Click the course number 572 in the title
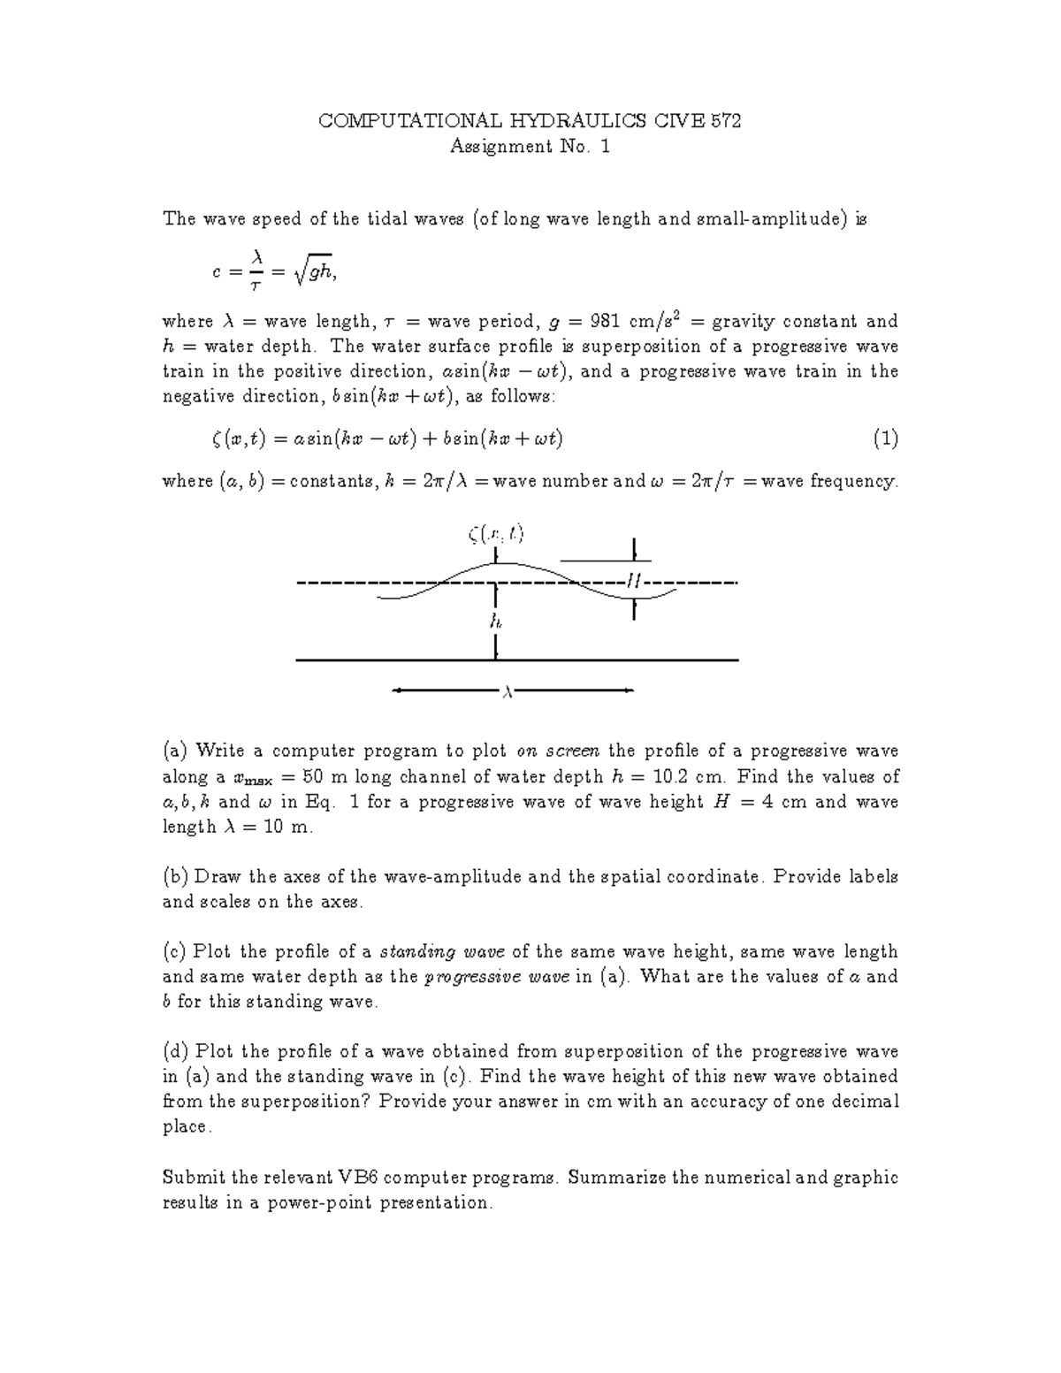point(725,122)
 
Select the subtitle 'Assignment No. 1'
point(530,147)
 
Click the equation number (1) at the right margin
point(885,438)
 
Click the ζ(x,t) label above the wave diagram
point(496,533)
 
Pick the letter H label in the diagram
point(633,581)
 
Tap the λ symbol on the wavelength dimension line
point(508,690)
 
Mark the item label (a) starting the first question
point(175,751)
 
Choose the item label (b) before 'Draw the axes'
point(175,877)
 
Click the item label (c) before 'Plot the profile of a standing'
point(174,952)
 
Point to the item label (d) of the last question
point(175,1052)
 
